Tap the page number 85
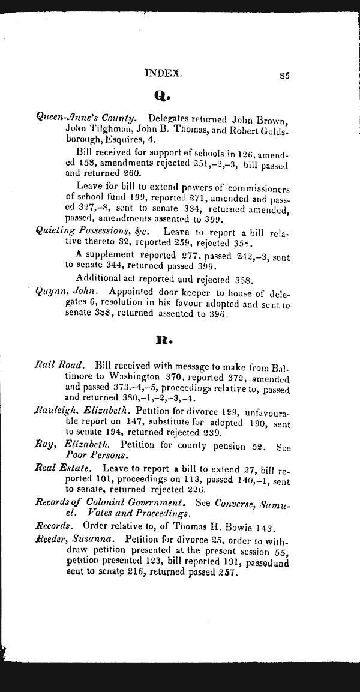(x=285, y=76)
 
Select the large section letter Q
(x=163, y=95)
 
